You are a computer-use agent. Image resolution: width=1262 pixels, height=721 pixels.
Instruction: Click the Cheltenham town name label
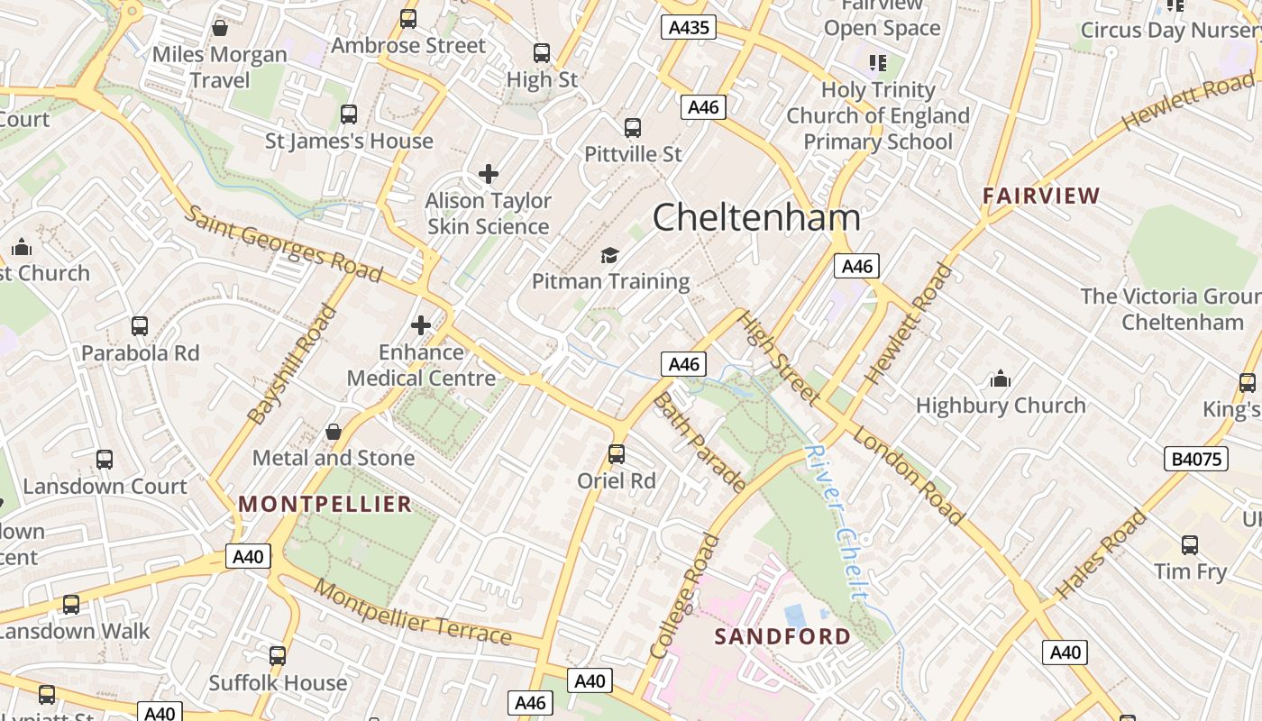tap(755, 218)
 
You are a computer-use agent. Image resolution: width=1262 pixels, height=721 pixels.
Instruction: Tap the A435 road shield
tap(688, 28)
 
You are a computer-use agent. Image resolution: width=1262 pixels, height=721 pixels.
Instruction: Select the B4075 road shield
tap(1196, 459)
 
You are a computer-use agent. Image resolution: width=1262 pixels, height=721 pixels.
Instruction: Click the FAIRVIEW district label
tap(1041, 196)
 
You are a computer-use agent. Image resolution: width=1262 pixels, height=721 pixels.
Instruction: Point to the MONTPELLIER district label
tap(325, 504)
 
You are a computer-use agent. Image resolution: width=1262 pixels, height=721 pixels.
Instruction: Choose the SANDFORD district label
tap(782, 636)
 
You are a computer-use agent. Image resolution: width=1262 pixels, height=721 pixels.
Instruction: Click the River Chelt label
tap(837, 524)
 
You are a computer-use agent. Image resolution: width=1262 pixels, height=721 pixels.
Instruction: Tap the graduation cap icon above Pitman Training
tap(610, 256)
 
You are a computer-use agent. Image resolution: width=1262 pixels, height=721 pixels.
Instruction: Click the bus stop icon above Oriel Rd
tap(617, 454)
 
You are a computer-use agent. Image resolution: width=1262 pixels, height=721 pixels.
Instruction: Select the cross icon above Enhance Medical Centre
tap(421, 325)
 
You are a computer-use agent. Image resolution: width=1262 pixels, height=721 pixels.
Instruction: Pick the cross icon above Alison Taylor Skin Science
tap(489, 174)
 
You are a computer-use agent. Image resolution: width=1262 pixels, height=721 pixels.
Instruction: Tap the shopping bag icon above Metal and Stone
tap(333, 432)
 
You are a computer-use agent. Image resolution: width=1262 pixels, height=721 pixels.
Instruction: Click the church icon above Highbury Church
tap(1000, 379)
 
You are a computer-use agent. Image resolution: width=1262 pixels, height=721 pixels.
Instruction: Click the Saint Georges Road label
tap(284, 243)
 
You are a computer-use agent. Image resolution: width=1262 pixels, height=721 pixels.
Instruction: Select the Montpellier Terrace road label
tap(413, 614)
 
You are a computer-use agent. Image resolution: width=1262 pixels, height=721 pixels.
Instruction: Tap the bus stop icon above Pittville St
tap(633, 128)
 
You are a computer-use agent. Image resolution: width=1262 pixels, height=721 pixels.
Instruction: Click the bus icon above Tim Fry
tap(1190, 545)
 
